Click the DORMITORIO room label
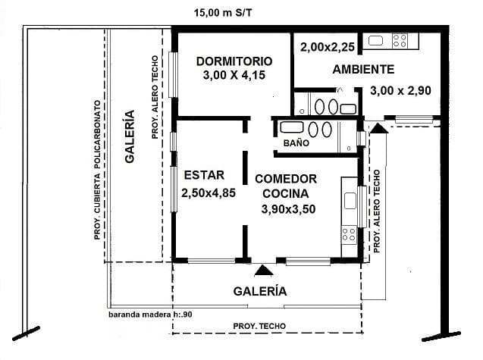234,61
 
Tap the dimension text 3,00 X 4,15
234,75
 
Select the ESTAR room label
204,175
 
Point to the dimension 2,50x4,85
209,193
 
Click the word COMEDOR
286,179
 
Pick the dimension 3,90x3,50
288,209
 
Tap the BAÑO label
296,143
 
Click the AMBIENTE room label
363,69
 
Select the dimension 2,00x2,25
328,48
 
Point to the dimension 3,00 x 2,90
400,91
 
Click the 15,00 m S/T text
223,13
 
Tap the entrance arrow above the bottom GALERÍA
263,270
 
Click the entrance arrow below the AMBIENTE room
378,128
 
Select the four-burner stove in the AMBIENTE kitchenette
400,41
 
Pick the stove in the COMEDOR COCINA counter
349,234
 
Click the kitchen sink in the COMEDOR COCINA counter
350,201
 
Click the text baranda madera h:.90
150,315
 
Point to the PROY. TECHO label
259,326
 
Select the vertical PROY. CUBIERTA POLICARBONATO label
98,170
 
